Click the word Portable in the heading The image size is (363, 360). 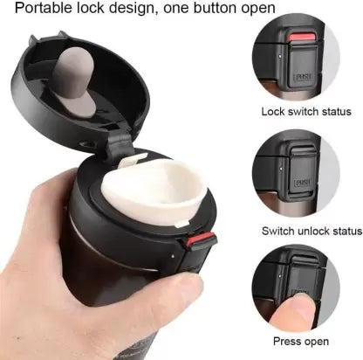point(43,8)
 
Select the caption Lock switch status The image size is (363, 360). point(306,112)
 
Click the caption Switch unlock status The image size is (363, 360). point(312,231)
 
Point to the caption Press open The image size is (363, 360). point(301,341)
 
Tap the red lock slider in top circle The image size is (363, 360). point(302,37)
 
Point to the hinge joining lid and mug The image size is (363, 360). point(120,142)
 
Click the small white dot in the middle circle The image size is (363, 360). point(280,168)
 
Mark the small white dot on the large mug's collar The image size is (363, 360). point(173,257)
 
